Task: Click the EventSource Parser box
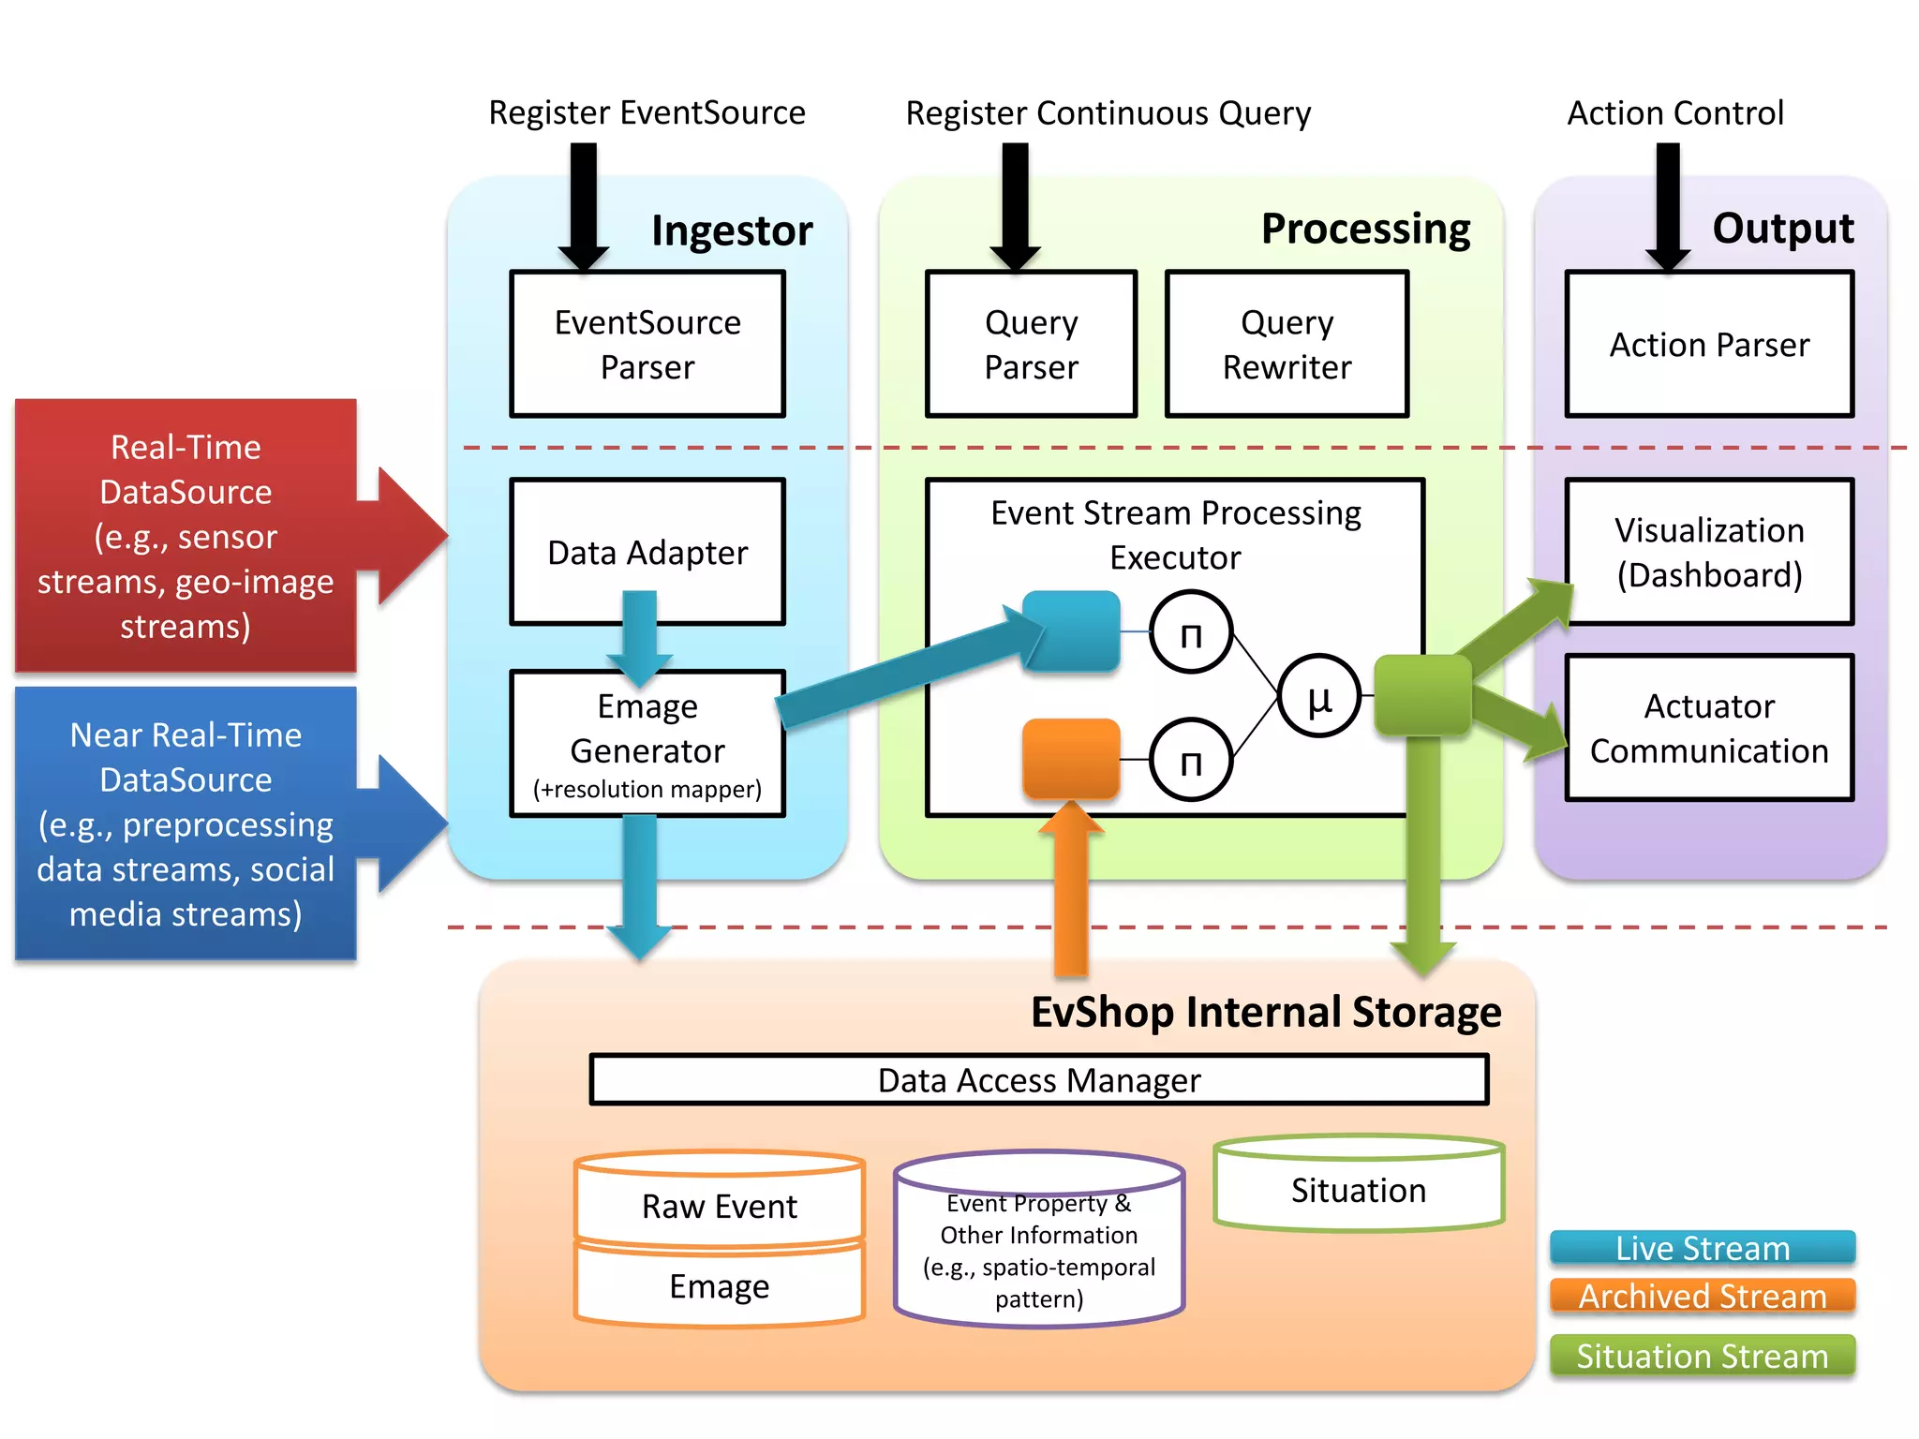coord(647,344)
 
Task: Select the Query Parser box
coord(1031,344)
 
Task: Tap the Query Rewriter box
coord(1287,344)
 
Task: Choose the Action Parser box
coord(1709,344)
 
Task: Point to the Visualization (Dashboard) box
coord(1709,552)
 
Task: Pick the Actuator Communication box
coord(1709,728)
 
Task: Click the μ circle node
coord(1319,696)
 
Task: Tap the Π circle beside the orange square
coord(1191,760)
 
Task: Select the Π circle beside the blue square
coord(1191,632)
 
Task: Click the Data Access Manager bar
coord(1038,1080)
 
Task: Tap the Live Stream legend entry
coord(1703,1248)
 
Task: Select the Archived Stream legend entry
coord(1703,1296)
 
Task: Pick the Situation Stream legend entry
coord(1703,1356)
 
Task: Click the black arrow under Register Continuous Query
coord(1015,206)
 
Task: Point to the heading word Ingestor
coord(732,230)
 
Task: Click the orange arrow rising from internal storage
coord(1071,890)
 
